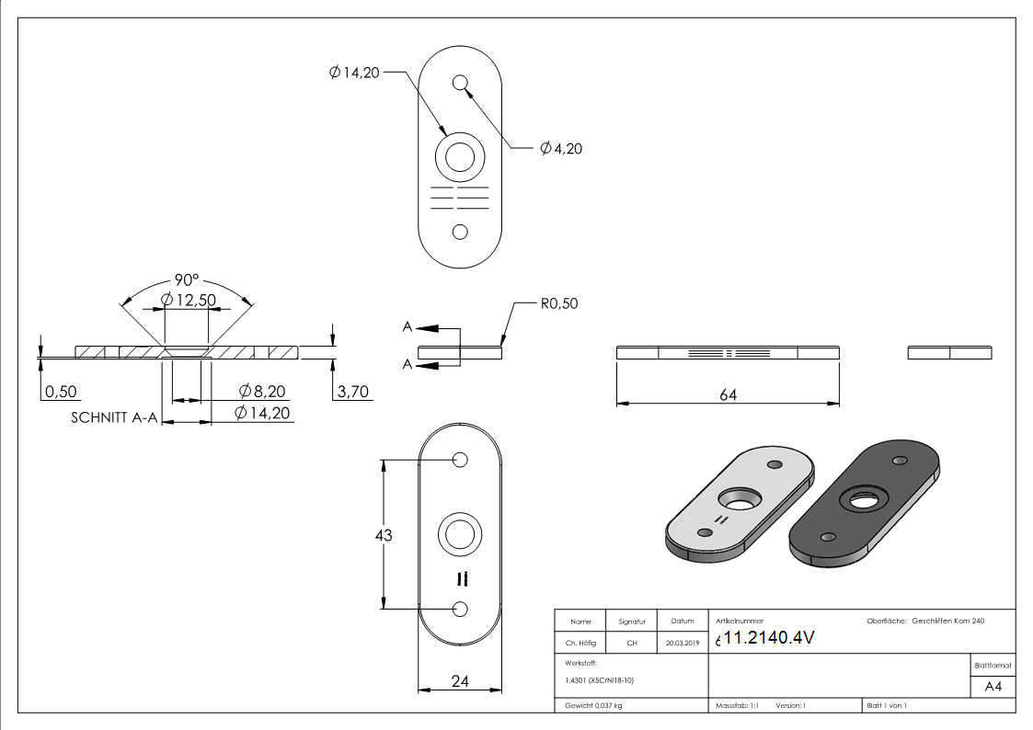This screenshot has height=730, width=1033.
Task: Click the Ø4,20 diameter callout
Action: click(561, 148)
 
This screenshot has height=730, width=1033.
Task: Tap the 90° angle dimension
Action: click(188, 279)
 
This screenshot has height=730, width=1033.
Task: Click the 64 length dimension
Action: click(728, 394)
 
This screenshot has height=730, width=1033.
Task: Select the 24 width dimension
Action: click(460, 681)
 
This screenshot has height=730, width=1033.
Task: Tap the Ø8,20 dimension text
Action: click(264, 392)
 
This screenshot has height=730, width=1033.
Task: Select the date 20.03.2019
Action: click(682, 644)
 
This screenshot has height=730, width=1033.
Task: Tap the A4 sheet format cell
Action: click(993, 686)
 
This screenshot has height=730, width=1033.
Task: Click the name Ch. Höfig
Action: click(580, 644)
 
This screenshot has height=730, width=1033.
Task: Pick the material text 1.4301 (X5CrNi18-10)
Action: click(601, 680)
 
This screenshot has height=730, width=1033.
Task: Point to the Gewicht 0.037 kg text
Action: click(593, 705)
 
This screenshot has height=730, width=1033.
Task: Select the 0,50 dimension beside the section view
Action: click(62, 392)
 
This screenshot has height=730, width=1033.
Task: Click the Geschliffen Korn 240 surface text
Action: click(947, 622)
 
